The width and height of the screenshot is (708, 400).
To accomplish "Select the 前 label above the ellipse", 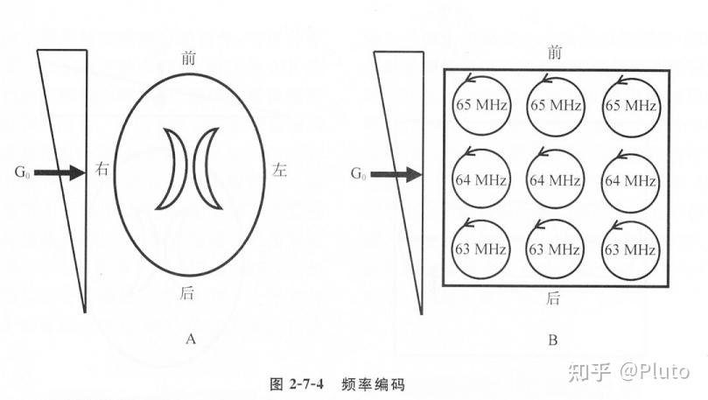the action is (x=187, y=58).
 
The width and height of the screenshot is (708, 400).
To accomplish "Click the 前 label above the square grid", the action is (x=554, y=53).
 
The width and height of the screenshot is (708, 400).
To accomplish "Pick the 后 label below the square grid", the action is (x=553, y=298).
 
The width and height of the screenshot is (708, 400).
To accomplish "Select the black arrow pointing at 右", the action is (x=63, y=173).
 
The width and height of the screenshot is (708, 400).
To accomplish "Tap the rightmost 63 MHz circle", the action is (x=630, y=249).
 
